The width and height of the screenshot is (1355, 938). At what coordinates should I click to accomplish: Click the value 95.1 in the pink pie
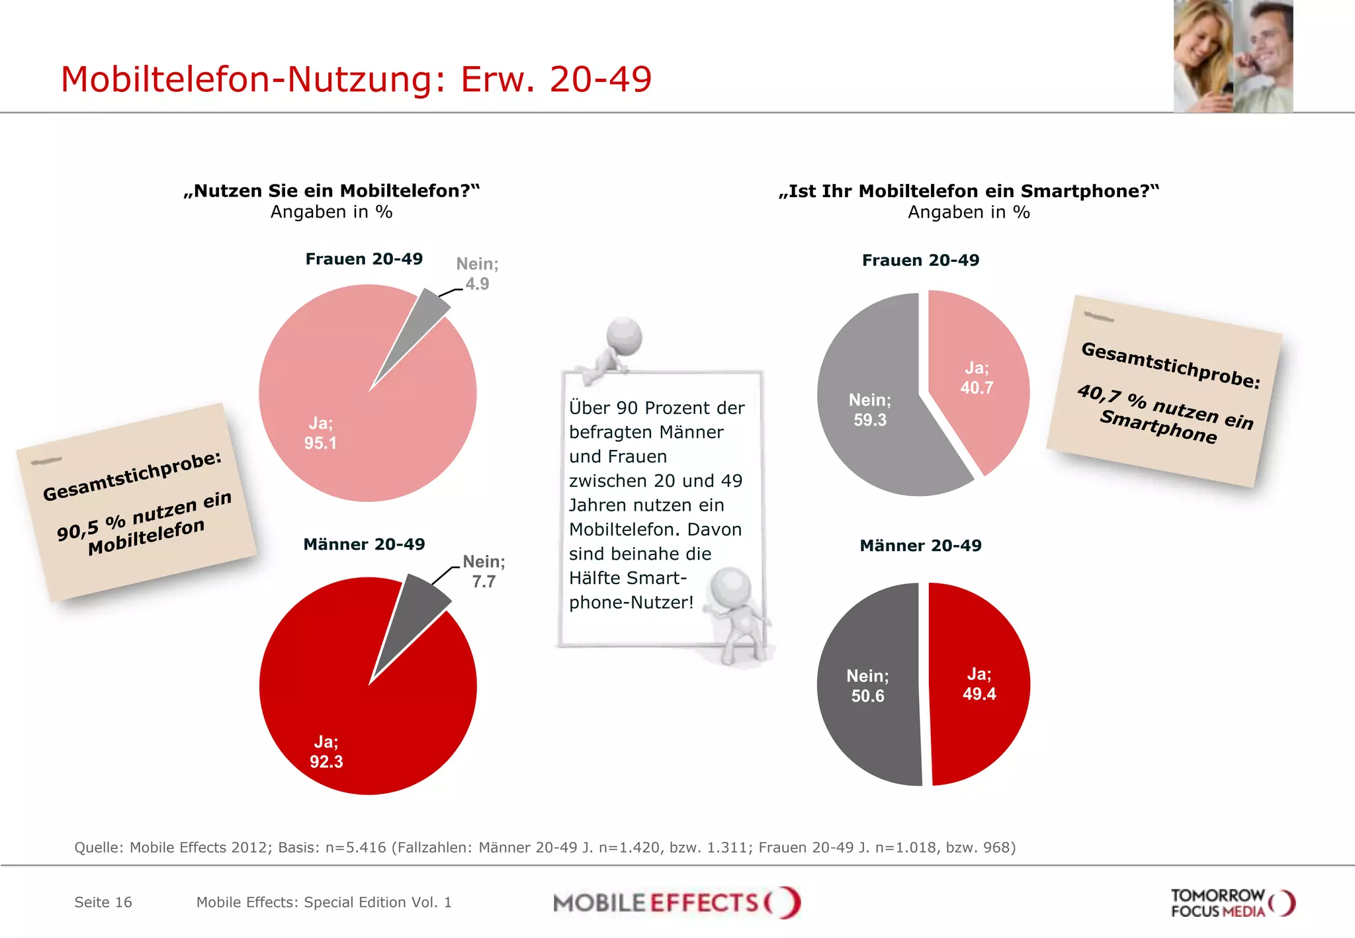point(320,443)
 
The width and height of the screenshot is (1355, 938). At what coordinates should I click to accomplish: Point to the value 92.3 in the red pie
point(326,761)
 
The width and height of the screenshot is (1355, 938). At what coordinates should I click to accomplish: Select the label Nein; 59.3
point(870,409)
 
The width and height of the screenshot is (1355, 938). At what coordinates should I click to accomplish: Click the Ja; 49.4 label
point(979,684)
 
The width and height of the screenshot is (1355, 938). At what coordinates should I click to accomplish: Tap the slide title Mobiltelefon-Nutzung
point(356,79)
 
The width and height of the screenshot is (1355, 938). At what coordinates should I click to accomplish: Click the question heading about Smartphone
point(969,191)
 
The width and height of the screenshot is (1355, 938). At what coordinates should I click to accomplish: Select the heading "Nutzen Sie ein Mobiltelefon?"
point(331,191)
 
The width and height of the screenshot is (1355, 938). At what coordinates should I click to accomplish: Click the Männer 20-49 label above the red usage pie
point(364,544)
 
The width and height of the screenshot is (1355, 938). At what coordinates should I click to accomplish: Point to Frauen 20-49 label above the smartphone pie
point(920,260)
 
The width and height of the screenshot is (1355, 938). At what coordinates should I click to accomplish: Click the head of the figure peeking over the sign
point(625,335)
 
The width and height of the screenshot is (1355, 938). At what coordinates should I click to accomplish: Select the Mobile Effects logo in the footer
point(677,902)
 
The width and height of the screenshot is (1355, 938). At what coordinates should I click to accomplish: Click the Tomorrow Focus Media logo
point(1232,903)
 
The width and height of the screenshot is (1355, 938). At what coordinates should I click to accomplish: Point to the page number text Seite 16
point(103,902)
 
